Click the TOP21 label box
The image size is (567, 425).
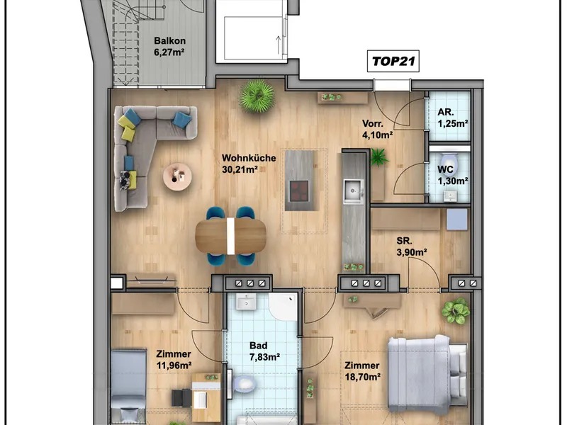pyautogui.click(x=393, y=61)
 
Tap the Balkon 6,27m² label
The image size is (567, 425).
pyautogui.click(x=169, y=46)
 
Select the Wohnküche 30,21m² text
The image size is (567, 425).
pyautogui.click(x=249, y=164)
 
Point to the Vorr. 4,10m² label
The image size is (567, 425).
pyautogui.click(x=378, y=129)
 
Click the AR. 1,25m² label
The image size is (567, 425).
pyautogui.click(x=453, y=118)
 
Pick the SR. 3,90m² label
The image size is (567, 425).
pyautogui.click(x=412, y=246)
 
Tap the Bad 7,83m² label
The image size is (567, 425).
pyautogui.click(x=264, y=351)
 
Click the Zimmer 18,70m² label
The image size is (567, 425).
pyautogui.click(x=362, y=371)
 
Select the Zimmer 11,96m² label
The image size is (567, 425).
pyautogui.click(x=174, y=360)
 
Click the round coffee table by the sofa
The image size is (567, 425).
pyautogui.click(x=177, y=176)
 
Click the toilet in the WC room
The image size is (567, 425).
pyautogui.click(x=449, y=164)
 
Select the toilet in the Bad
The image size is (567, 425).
pyautogui.click(x=244, y=385)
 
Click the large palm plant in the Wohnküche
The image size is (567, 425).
pyautogui.click(x=257, y=96)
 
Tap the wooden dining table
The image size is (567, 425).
pyautogui.click(x=231, y=236)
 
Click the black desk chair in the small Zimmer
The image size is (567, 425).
pyautogui.click(x=181, y=398)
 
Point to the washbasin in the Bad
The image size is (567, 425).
pyautogui.click(x=246, y=301)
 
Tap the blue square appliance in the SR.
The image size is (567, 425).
pyautogui.click(x=456, y=220)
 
